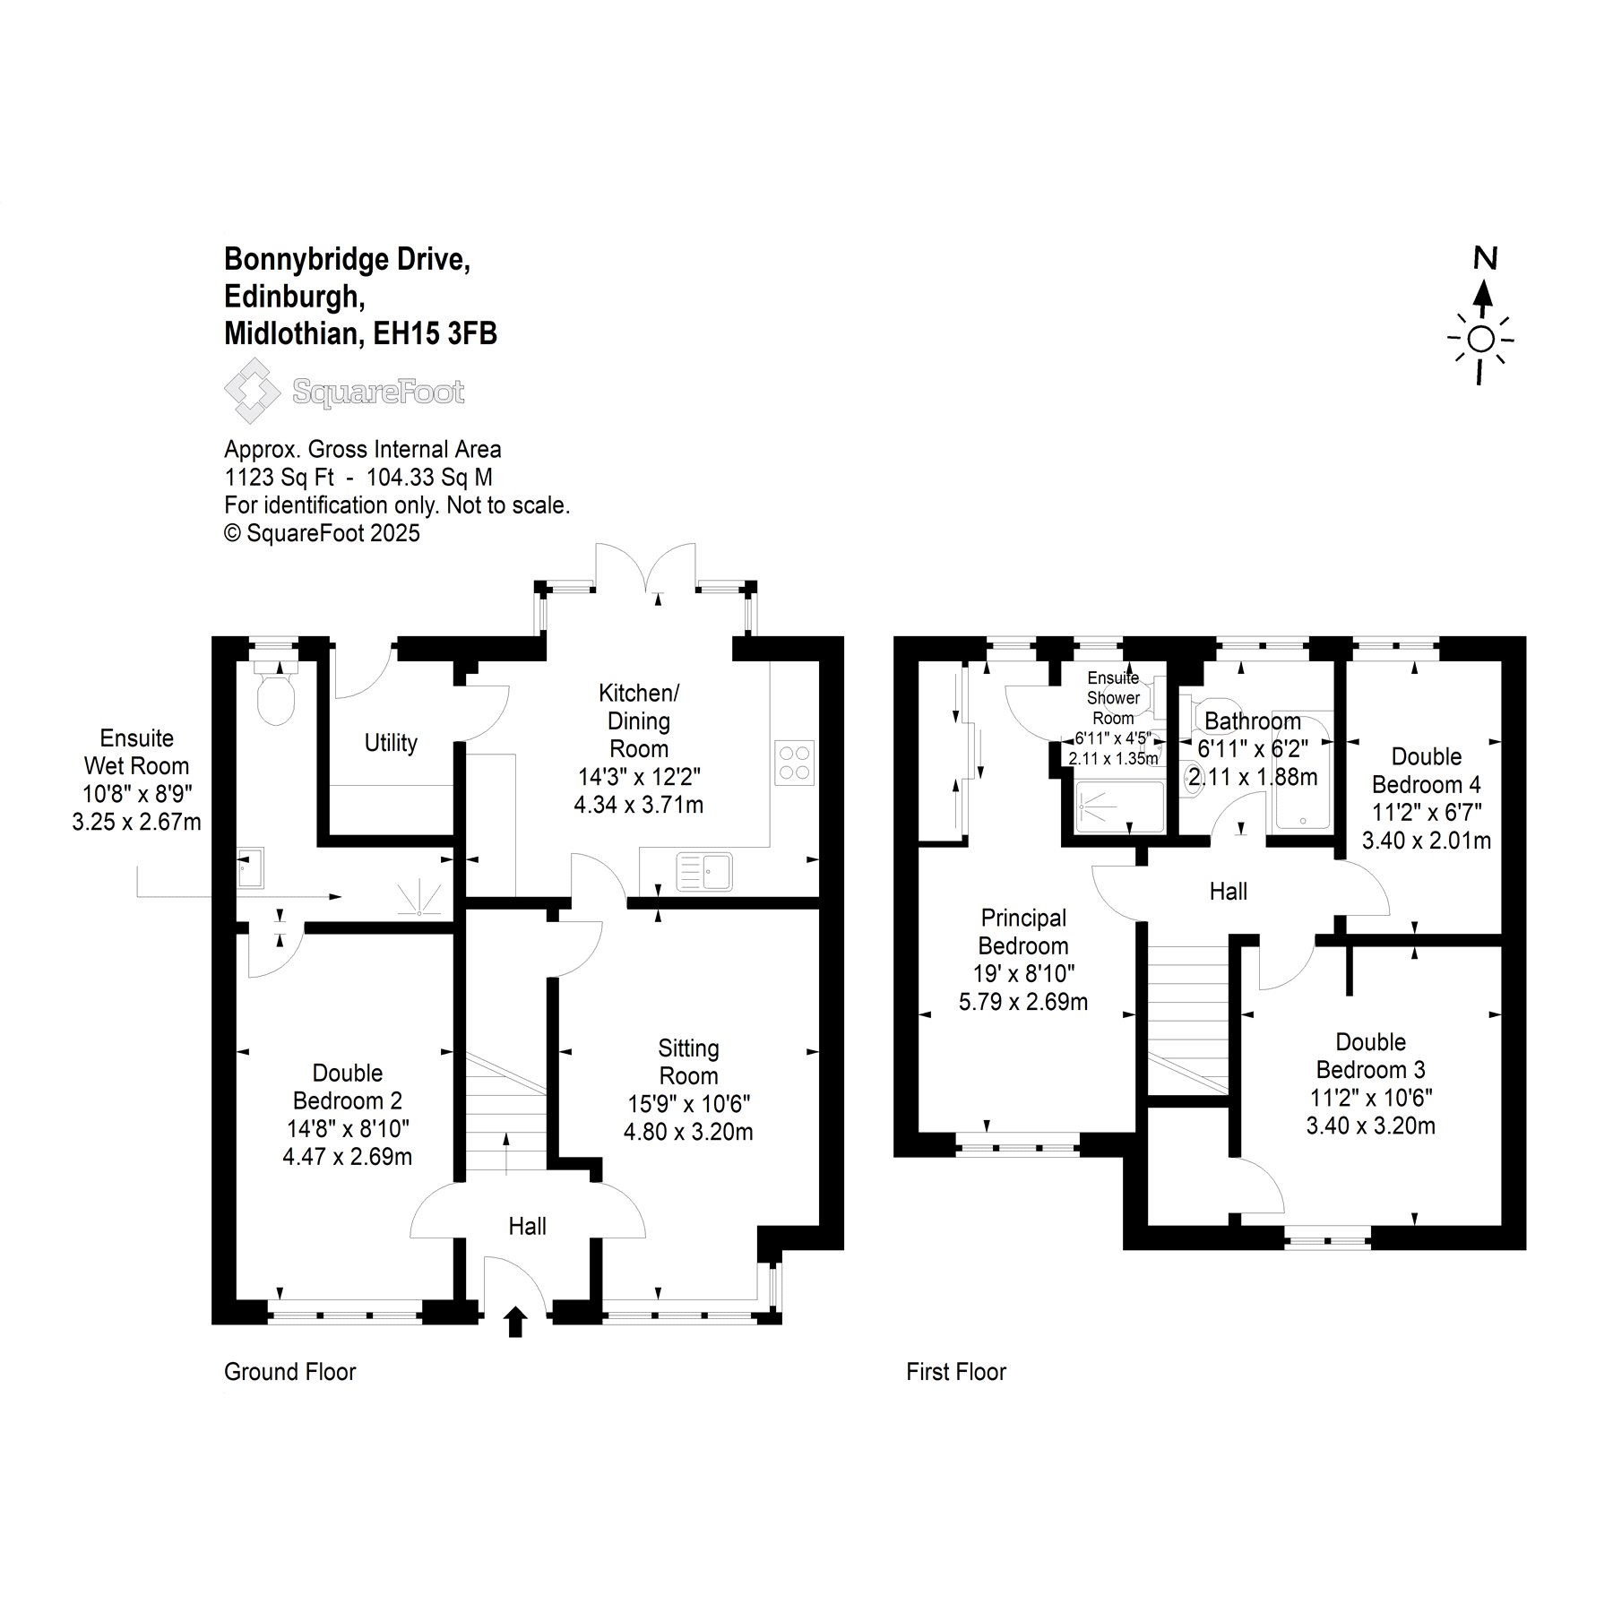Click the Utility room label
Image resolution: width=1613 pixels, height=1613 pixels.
click(391, 743)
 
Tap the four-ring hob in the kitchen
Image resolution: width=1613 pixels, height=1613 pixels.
click(794, 763)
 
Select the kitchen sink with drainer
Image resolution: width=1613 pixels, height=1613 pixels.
click(704, 871)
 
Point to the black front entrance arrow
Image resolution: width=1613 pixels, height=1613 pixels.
click(515, 1322)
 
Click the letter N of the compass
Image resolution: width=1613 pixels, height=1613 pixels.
click(1486, 259)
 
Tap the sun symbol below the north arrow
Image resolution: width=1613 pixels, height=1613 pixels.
click(1481, 341)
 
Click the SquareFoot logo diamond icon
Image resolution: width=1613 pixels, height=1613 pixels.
click(253, 391)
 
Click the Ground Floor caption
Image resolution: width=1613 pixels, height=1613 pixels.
click(290, 1372)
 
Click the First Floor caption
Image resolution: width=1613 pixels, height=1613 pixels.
click(956, 1372)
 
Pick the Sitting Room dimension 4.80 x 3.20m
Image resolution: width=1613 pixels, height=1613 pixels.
click(688, 1132)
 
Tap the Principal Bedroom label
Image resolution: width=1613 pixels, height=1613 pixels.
click(1023, 932)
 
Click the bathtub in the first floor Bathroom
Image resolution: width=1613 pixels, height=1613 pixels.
click(1302, 769)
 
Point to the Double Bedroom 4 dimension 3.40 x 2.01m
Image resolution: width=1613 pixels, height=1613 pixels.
click(1427, 841)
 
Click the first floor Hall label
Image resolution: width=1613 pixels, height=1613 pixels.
click(1229, 892)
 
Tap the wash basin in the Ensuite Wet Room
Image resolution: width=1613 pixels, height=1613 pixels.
click(250, 867)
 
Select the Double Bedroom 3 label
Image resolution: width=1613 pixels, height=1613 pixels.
click(1371, 1056)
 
